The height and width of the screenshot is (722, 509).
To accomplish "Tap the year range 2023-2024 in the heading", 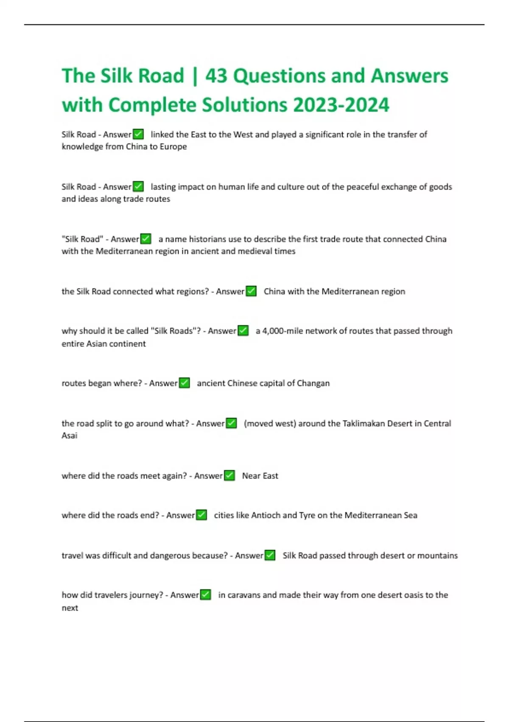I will pyautogui.click(x=341, y=105).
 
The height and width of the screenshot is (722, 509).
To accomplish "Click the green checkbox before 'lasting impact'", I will pyautogui.click(x=138, y=186).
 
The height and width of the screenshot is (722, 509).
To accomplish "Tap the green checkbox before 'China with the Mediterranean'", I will pyautogui.click(x=251, y=291).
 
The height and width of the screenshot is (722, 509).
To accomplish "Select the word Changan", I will pyautogui.click(x=313, y=383).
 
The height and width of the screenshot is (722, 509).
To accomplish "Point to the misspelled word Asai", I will pyautogui.click(x=70, y=436).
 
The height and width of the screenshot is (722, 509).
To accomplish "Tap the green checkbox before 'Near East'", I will pyautogui.click(x=229, y=476).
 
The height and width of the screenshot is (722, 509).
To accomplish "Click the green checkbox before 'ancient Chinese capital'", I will pyautogui.click(x=184, y=383).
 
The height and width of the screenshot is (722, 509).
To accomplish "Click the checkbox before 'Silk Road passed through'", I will pyautogui.click(x=270, y=556).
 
